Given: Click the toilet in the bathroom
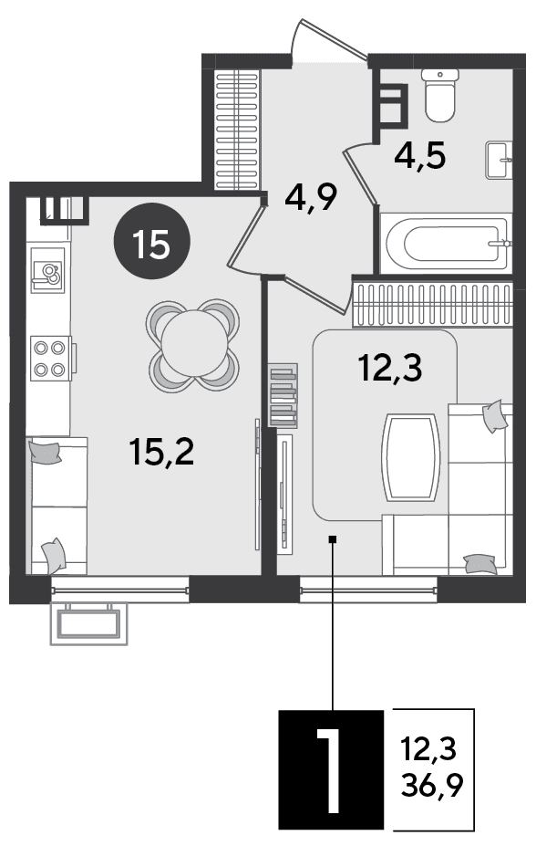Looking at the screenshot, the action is coord(440,95).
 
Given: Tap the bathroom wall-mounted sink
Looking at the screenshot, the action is coord(499,160).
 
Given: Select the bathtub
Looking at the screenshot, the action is coord(446,244).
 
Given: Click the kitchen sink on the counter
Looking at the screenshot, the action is coord(48,270).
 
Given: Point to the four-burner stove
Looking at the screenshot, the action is coord(51,358).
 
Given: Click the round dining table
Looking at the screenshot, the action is coord(193,345).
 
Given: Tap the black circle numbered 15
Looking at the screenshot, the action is coord(152,241).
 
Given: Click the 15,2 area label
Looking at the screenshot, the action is coord(161,452).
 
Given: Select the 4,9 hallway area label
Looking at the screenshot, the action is coord(311,197).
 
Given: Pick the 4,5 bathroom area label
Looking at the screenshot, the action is coord(420,156).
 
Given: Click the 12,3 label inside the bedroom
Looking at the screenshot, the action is coord(390,369).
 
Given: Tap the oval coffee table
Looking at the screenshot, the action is coord(411,457).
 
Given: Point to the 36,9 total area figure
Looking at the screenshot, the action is coord(432,785).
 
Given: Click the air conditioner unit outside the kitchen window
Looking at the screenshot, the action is coord(89,623).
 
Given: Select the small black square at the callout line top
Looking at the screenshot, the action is coord(333,538).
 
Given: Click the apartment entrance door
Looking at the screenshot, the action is coord(330,39).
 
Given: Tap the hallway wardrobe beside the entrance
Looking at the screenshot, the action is coord(237,130).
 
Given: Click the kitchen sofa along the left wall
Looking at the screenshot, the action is coord(57,506).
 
